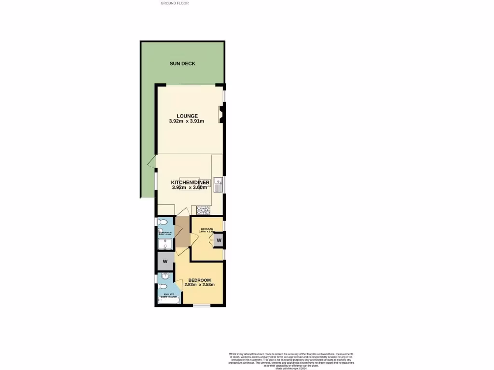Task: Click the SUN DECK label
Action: (x=182, y=63)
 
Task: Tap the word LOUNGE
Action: (x=187, y=116)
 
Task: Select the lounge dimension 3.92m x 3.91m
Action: (x=187, y=121)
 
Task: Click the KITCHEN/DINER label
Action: (x=190, y=183)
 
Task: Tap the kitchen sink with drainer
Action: (x=220, y=184)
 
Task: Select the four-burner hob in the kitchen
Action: (x=201, y=210)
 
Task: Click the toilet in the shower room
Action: (x=163, y=222)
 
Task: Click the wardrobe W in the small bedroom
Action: (x=219, y=240)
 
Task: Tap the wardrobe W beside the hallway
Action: (x=165, y=262)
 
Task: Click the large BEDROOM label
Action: (x=199, y=280)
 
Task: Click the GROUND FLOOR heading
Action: (x=175, y=3)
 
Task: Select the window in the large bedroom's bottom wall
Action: (x=201, y=305)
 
